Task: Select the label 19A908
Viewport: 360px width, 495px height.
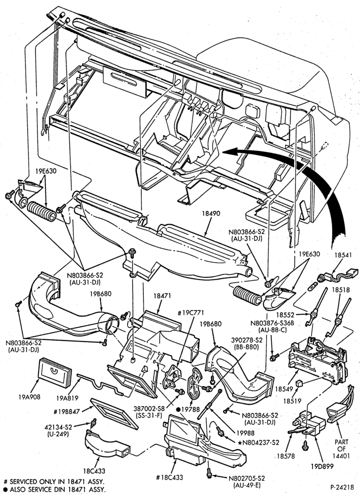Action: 29,397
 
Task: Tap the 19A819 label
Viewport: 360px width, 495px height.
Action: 68,398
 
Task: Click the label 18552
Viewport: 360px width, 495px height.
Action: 286,315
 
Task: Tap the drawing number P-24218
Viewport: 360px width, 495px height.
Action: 343,487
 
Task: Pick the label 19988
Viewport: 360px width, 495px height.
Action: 246,433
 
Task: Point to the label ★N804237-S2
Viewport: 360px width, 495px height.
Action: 259,443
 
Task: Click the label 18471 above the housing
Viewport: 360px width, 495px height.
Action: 162,296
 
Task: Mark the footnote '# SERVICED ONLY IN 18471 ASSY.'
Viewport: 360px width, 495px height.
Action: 53,482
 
